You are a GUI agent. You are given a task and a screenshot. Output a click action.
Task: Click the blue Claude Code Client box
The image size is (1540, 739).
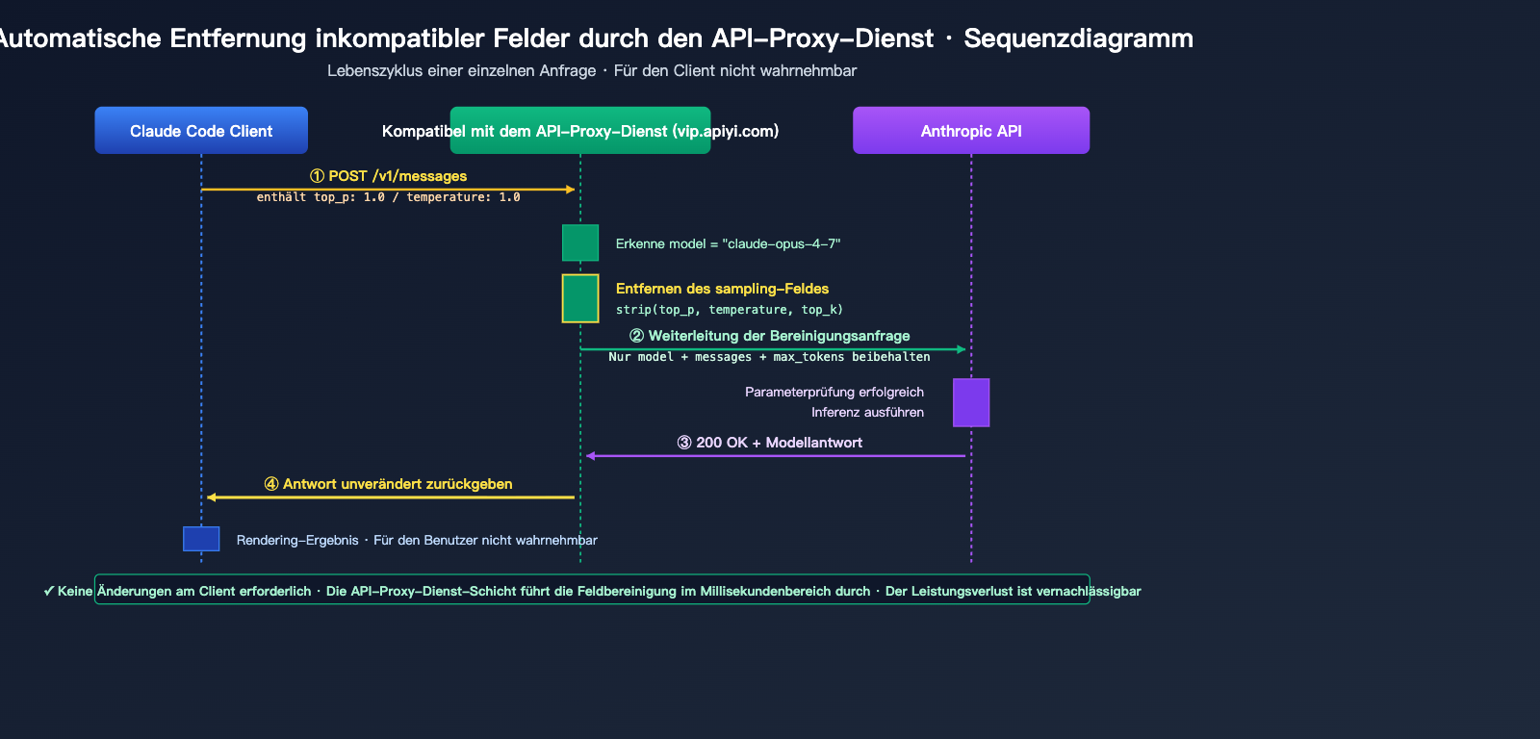(201, 130)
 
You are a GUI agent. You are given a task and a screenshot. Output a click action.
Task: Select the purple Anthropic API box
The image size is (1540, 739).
(971, 130)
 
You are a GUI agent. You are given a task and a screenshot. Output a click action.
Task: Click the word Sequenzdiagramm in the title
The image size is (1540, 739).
(1078, 38)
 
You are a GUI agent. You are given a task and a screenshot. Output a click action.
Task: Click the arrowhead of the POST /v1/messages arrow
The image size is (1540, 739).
(571, 190)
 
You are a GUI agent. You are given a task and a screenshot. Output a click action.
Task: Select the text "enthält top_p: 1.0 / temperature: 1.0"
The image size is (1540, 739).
(388, 197)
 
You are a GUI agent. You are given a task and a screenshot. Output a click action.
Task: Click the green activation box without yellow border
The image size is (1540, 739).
(580, 242)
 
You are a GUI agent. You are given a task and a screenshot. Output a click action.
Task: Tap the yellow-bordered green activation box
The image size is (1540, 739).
(580, 298)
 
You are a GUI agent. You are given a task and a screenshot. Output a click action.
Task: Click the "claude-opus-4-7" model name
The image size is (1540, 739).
(781, 244)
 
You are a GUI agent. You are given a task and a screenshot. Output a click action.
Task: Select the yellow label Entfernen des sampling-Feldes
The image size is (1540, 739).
(722, 289)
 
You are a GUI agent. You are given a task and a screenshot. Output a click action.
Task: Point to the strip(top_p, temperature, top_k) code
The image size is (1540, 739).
(729, 310)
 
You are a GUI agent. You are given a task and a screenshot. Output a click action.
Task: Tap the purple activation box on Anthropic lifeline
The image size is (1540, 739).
(971, 402)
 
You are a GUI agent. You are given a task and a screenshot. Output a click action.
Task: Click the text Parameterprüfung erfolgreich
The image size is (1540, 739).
(834, 392)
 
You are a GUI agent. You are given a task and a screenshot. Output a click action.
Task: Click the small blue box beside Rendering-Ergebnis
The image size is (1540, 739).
(201, 539)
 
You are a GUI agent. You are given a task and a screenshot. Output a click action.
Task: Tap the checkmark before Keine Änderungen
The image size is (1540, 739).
(48, 591)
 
